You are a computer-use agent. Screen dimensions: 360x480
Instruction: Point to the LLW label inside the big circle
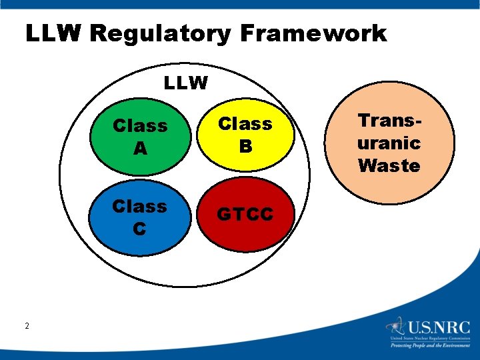pyautogui.click(x=186, y=83)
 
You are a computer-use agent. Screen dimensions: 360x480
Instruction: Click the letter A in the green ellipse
pyautogui.click(x=140, y=149)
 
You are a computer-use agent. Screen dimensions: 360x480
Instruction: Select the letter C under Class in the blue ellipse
pyautogui.click(x=139, y=229)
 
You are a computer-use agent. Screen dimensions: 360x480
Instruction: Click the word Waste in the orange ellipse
pyautogui.click(x=389, y=166)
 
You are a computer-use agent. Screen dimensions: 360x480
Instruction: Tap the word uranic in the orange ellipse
pyautogui.click(x=389, y=143)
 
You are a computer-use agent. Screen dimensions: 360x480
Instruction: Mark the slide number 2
pyautogui.click(x=27, y=326)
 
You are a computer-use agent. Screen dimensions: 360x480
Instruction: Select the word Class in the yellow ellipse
pyautogui.click(x=245, y=124)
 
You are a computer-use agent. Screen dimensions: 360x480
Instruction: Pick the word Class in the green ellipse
pyautogui.click(x=140, y=126)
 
